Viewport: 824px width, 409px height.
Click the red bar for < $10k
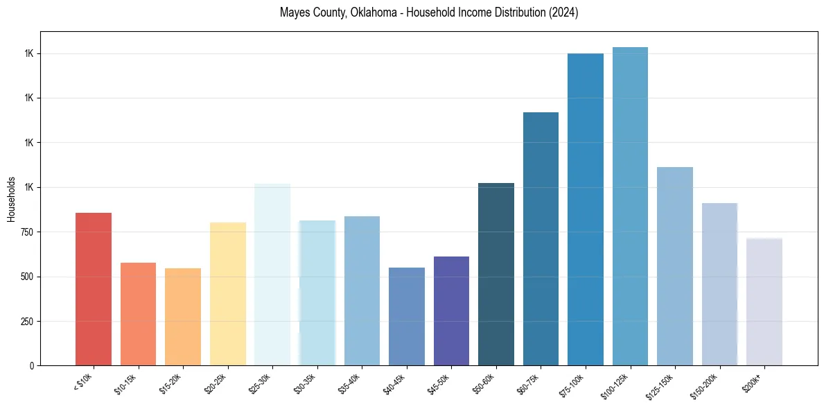click(x=94, y=289)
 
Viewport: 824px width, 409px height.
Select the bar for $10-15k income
click(x=138, y=314)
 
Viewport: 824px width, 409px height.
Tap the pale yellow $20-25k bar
click(x=228, y=294)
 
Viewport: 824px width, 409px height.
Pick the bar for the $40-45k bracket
click(x=407, y=316)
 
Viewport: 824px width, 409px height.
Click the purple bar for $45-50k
click(x=451, y=311)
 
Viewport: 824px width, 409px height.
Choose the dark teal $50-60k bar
click(x=496, y=274)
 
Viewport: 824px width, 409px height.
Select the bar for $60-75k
click(x=541, y=238)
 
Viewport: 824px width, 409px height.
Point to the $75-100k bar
click(x=586, y=209)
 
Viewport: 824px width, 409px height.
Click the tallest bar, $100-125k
click(x=630, y=206)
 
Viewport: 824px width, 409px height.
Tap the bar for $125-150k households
click(x=675, y=266)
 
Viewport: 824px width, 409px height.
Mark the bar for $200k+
click(x=764, y=302)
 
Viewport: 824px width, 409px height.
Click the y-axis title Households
click(x=11, y=198)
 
